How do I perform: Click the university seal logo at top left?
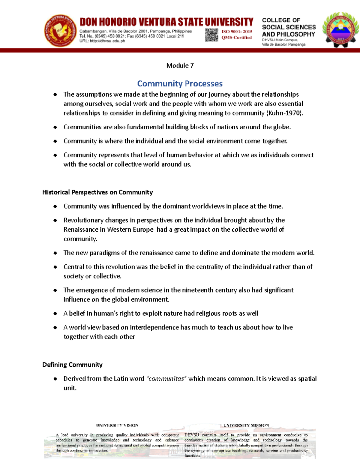coord(60,31)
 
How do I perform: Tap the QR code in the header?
coord(211,35)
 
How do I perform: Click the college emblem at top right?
coord(340,30)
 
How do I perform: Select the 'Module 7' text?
coord(180,65)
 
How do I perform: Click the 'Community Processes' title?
coord(180,83)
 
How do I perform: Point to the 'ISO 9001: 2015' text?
coord(237,32)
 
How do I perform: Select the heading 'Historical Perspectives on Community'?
coord(97,192)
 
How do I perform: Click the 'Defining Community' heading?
coord(72,365)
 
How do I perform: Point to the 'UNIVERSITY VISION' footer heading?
coord(117,425)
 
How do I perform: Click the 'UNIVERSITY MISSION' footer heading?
coord(246,425)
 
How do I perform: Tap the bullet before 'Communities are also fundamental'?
coord(55,127)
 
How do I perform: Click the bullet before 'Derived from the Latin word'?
coord(55,379)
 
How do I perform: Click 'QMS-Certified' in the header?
coord(236,38)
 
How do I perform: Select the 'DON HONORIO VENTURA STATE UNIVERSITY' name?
coord(166,22)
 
